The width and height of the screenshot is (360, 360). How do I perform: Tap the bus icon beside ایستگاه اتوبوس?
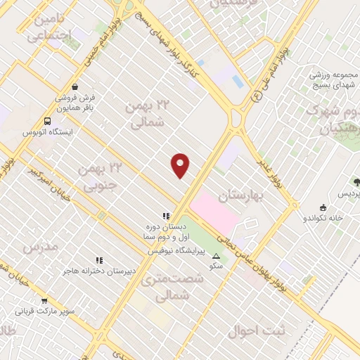coord(46,121)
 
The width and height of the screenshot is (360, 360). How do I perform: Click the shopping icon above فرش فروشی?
coord(75,87)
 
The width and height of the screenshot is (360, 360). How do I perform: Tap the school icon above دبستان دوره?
coord(165,217)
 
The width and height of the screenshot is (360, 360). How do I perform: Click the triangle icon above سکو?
coord(216,256)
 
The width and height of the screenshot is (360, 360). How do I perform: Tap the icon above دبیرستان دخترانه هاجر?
coord(99,260)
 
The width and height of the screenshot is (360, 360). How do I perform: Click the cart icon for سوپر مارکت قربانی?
coord(44,300)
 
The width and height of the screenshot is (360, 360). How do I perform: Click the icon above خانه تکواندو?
coord(323,207)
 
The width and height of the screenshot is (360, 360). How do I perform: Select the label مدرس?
coord(39,247)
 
